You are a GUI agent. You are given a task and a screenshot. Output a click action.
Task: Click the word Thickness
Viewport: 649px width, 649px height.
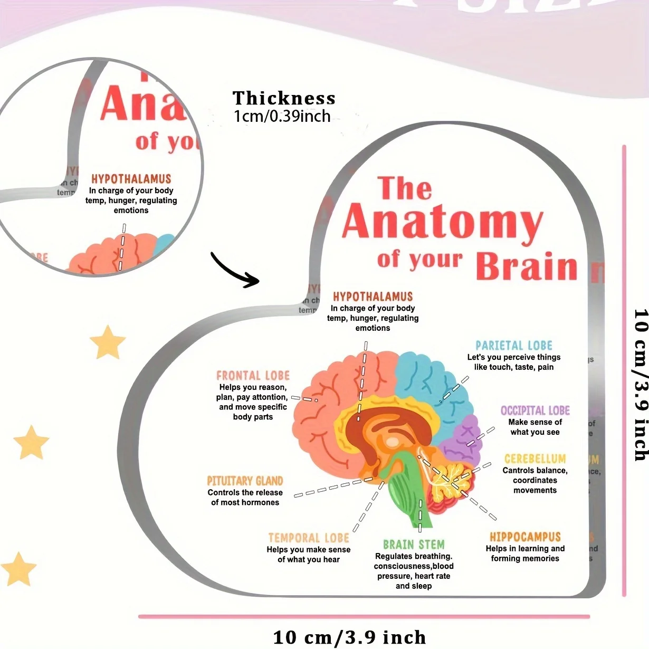[284, 98]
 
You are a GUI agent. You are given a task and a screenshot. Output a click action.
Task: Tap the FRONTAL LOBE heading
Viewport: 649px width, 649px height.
[253, 376]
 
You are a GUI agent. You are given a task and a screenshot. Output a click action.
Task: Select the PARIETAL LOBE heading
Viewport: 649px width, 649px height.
[514, 346]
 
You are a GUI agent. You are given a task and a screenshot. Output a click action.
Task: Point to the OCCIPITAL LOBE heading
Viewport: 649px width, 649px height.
[535, 411]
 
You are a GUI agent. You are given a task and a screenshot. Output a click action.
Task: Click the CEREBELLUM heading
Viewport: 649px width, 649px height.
[535, 459]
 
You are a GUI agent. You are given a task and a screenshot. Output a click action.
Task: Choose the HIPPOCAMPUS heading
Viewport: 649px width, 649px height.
[525, 537]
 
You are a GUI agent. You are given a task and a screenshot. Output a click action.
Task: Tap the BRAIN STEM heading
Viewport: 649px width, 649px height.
[414, 545]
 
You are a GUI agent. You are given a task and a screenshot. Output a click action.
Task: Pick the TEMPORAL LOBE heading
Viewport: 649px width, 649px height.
[309, 538]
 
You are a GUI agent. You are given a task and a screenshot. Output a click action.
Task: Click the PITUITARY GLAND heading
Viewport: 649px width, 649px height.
[245, 481]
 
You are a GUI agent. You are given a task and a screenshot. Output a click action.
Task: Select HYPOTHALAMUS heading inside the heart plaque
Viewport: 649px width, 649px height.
[373, 297]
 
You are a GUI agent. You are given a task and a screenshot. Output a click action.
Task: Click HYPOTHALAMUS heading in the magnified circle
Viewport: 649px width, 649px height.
[131, 179]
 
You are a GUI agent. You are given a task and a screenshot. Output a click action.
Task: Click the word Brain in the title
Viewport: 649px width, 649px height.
[527, 266]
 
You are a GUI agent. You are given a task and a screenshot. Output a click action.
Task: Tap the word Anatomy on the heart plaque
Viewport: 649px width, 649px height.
[442, 222]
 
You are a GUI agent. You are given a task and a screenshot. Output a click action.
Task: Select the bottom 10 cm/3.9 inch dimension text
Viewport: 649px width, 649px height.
[349, 637]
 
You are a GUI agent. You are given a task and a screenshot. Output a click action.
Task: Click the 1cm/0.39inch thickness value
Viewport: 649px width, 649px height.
[282, 116]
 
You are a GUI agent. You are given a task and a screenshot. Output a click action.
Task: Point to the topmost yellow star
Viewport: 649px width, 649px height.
[108, 342]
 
